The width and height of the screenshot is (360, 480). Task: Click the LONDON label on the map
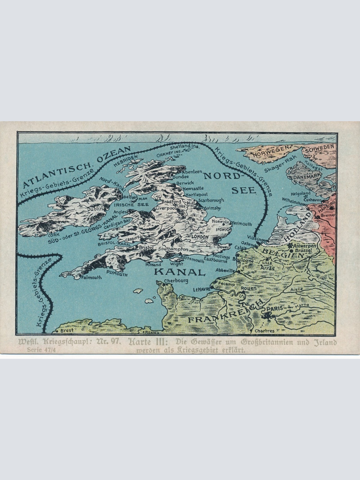[x=199, y=237]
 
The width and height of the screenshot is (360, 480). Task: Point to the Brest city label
[x=67, y=330]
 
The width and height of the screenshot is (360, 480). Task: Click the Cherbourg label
[x=176, y=281]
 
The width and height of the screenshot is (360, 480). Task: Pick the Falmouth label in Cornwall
[x=91, y=277]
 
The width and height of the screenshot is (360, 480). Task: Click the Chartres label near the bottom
[x=264, y=331]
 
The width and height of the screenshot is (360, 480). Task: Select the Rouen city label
[x=249, y=288]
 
